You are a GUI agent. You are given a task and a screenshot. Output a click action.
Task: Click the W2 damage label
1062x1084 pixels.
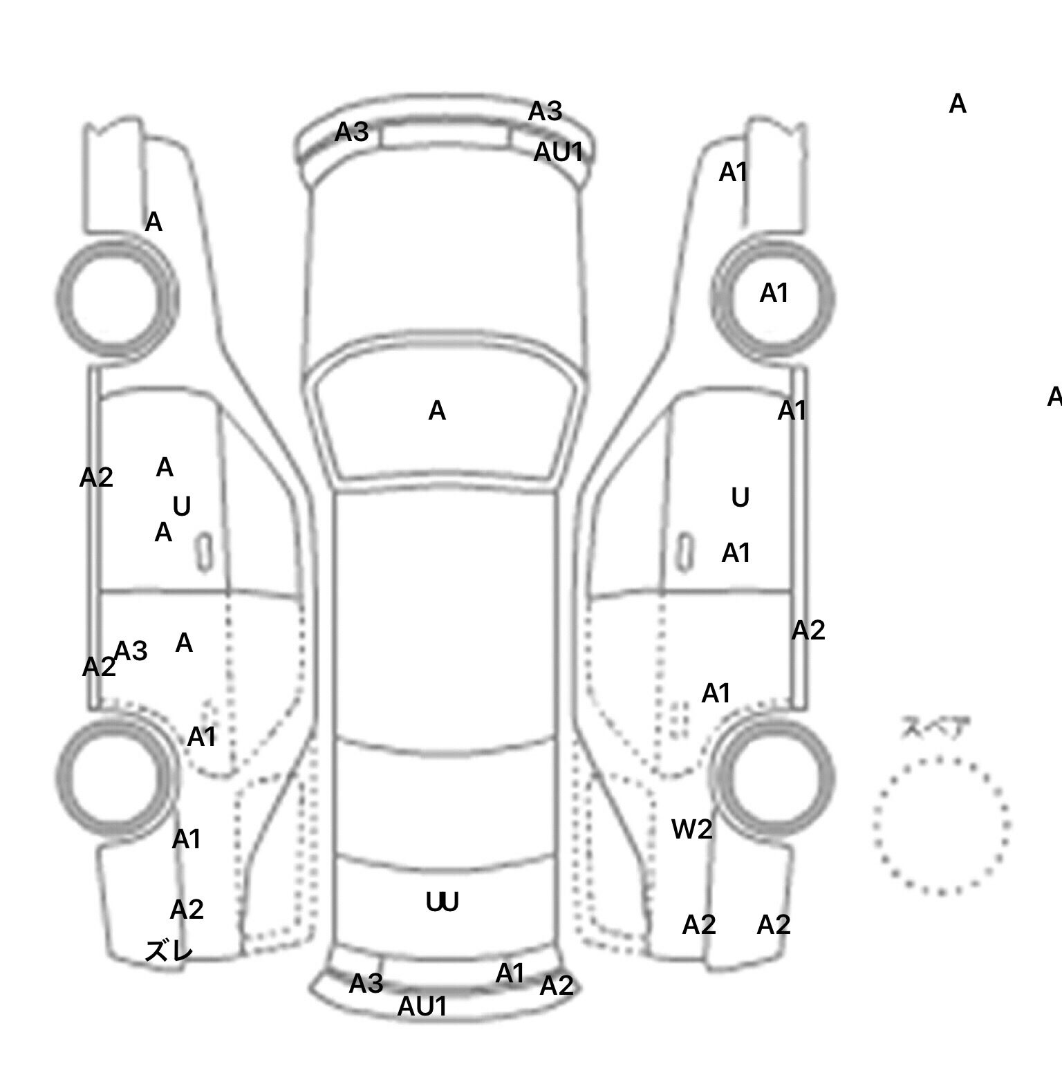coord(691,829)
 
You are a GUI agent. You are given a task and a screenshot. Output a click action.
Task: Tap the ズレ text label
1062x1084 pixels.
coord(169,951)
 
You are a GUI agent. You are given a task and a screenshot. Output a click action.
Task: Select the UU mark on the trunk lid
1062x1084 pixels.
coord(442,902)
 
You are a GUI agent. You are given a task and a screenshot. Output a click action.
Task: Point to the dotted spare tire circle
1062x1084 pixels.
coord(941,825)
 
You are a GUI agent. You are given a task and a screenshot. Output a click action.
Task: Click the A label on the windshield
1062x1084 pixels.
coord(437,411)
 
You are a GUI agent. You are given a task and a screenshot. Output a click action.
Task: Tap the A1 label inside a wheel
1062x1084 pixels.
coord(774,294)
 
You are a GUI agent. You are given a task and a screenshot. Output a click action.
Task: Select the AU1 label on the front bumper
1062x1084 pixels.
coord(559,153)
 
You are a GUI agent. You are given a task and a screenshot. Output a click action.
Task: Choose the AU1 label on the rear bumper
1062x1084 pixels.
coord(422,1007)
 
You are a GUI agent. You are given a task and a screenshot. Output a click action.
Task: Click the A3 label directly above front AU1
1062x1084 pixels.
coord(546,111)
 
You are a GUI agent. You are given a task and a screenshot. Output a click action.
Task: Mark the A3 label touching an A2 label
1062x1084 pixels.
coord(131,651)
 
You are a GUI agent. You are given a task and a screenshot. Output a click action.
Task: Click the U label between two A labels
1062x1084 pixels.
coord(181,507)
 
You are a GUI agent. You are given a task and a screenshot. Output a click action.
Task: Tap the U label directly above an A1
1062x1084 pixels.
coord(740,498)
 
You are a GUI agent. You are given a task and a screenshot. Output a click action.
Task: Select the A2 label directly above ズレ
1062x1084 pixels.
coord(187,910)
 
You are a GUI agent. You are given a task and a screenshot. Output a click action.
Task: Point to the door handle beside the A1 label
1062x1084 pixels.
coord(684,552)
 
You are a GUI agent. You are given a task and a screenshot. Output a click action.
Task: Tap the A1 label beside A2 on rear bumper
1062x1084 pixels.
coord(510,974)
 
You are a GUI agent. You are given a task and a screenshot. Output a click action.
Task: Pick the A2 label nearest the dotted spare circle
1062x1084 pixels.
coord(774,925)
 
